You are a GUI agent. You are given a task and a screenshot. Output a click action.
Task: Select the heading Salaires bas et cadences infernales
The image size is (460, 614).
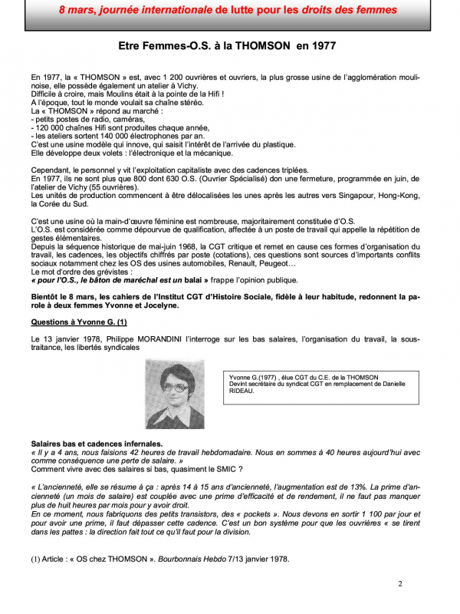click(97, 444)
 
